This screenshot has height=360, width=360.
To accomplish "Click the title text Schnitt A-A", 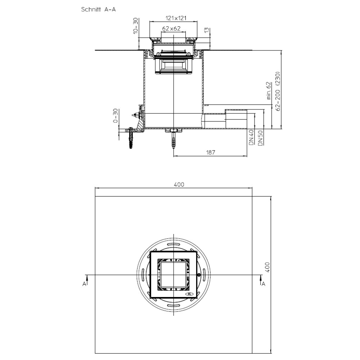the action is click(x=98, y=10).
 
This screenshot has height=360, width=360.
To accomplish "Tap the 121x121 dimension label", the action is click(x=176, y=18).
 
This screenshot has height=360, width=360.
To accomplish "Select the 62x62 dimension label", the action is click(x=171, y=29).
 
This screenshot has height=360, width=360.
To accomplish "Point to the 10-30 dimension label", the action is click(x=136, y=26).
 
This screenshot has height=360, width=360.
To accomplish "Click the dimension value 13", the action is click(x=207, y=30).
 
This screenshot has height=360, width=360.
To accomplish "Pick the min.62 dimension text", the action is click(x=269, y=91).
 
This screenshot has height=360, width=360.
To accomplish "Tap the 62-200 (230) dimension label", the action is click(x=278, y=91).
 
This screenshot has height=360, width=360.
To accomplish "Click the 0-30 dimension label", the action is click(x=116, y=116).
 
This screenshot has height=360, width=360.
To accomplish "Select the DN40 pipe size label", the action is click(x=251, y=138).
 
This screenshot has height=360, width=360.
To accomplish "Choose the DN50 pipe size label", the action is click(x=260, y=138).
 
